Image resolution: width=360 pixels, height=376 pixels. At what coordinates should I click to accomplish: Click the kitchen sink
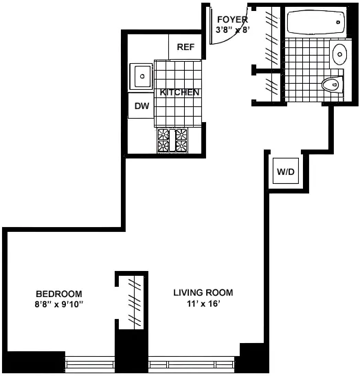pyautogui.click(x=142, y=75)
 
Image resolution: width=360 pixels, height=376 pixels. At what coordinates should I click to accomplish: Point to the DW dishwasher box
pyautogui.click(x=142, y=106)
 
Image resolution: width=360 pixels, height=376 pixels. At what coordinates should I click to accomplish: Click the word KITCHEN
pyautogui.click(x=180, y=93)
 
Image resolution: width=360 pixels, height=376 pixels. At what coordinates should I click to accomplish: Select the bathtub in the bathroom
pyautogui.click(x=313, y=23)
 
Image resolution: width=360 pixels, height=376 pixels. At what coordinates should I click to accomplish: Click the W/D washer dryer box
pyautogui.click(x=284, y=171)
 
